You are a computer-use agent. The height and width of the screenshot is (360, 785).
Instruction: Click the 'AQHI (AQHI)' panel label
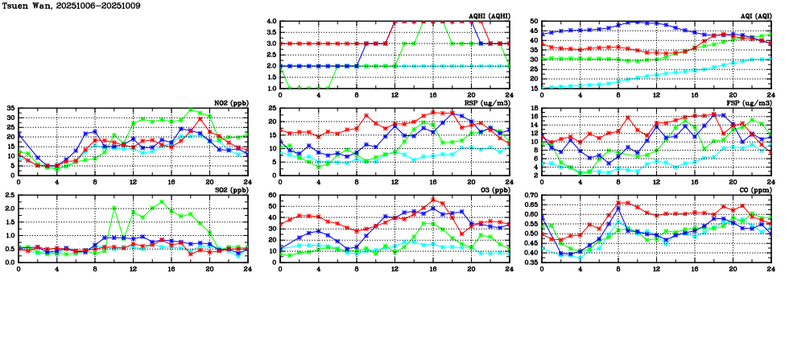488,16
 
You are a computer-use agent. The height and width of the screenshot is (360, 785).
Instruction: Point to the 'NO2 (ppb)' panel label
231,103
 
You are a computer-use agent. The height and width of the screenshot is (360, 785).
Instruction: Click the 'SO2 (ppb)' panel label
231,190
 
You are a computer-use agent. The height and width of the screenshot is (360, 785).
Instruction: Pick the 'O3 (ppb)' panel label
493,190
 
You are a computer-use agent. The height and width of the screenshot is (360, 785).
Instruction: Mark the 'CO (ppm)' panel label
753,190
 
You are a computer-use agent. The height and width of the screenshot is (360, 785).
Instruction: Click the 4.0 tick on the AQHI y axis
272,22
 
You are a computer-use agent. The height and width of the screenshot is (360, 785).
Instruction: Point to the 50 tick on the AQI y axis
535,22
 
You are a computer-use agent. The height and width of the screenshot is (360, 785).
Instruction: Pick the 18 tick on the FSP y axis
535,109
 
